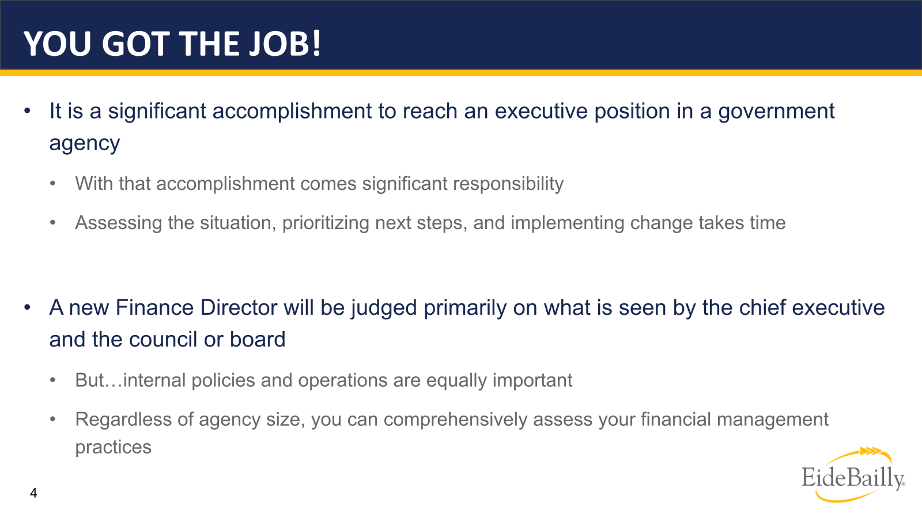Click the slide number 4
coord(33,493)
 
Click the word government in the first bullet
coord(776,111)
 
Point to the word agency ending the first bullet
coord(84,143)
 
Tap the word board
coord(257,340)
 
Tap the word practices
coord(113,447)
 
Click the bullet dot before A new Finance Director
coord(27,308)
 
